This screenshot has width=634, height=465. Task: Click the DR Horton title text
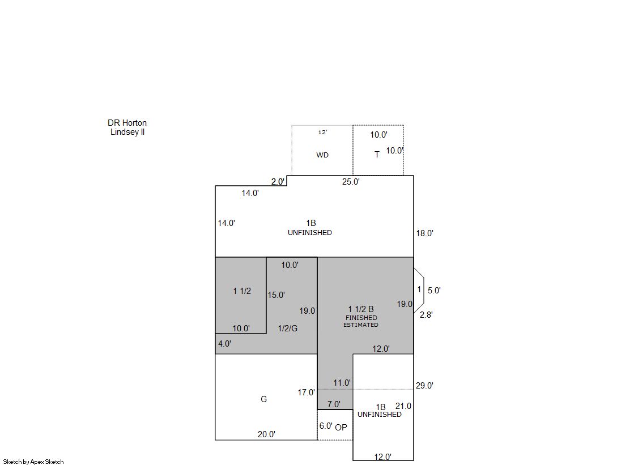point(127,123)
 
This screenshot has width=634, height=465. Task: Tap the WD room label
point(322,155)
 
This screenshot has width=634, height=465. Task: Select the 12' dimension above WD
point(322,132)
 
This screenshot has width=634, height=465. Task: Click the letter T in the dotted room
point(377,155)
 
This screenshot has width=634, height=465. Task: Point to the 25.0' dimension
point(351,182)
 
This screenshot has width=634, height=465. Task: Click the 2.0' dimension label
point(278,182)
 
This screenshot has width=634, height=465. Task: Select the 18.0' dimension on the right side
point(424,233)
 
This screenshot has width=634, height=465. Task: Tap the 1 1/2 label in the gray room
point(242,291)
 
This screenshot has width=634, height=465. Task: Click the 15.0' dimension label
point(276,295)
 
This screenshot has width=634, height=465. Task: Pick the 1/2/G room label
point(287,329)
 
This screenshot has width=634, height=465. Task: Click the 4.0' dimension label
point(224,344)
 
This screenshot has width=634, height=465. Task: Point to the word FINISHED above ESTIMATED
point(361,318)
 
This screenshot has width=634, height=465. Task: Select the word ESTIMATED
point(361,325)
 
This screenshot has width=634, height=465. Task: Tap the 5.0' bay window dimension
point(434,291)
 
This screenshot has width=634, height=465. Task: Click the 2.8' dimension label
point(426,314)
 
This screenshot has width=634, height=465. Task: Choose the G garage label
point(263,399)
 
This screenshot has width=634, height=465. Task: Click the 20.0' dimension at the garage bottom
point(266,434)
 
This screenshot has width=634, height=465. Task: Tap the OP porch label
point(341,428)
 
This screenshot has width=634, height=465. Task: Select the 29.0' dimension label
point(424,386)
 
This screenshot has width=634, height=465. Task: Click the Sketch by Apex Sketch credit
point(33,462)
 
